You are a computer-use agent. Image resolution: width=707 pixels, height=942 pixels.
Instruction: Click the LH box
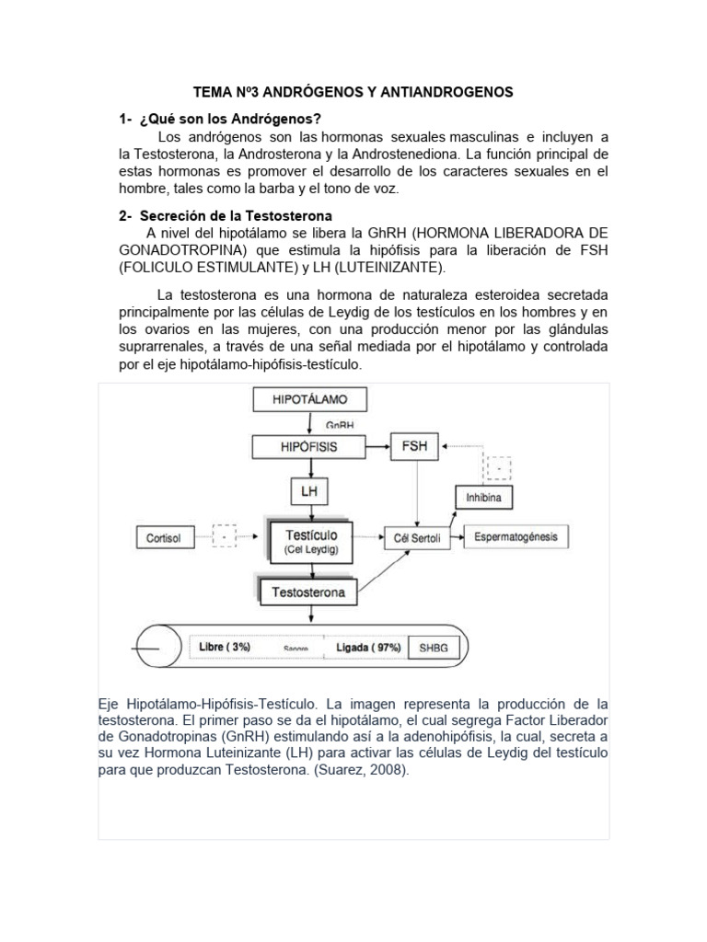(308, 491)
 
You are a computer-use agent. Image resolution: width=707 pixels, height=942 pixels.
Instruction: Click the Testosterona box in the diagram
(308, 592)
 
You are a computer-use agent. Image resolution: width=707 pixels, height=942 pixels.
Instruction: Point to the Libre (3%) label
(225, 647)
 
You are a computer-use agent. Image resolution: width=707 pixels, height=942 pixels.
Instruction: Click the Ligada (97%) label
(368, 647)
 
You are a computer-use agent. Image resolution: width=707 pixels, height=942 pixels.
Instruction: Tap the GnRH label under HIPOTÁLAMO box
(340, 426)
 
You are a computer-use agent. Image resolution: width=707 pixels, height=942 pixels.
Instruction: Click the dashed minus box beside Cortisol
(224, 535)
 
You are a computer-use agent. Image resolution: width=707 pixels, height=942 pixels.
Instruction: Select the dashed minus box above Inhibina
(499, 469)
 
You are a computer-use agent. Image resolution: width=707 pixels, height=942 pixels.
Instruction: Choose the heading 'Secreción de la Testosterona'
(242, 215)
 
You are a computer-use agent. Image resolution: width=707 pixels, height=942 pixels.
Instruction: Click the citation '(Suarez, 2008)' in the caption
(354, 771)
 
